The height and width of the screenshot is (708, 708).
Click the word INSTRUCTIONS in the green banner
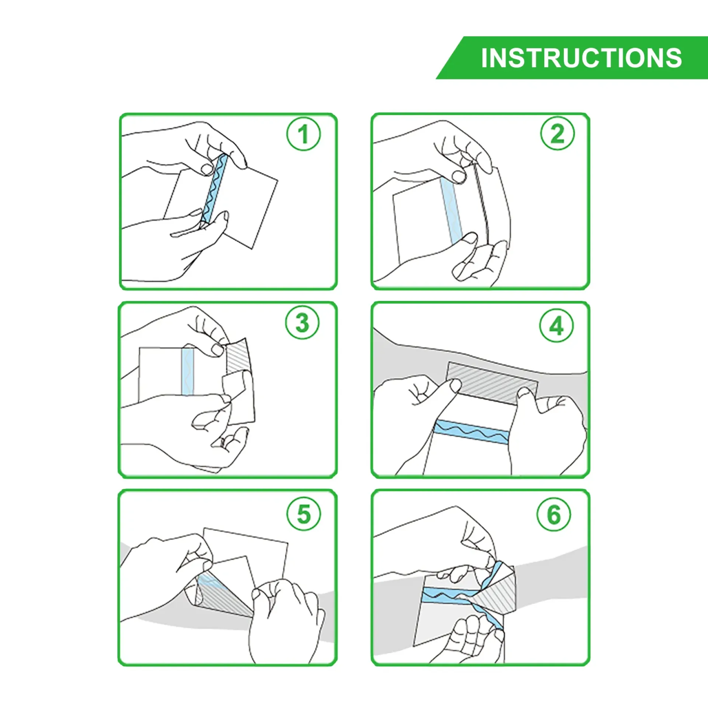click(x=582, y=58)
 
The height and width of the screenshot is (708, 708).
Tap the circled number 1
click(x=303, y=134)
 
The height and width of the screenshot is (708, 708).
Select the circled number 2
click(x=557, y=133)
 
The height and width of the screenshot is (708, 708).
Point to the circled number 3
click(x=302, y=323)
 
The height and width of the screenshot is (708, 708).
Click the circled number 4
click(x=556, y=326)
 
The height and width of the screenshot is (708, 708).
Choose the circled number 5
click(x=303, y=514)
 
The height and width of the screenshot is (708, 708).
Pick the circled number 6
click(x=554, y=514)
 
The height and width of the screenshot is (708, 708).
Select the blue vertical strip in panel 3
click(x=187, y=371)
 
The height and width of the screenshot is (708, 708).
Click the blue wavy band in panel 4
click(x=472, y=431)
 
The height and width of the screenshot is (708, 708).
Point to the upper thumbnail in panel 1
click(x=206, y=169)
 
